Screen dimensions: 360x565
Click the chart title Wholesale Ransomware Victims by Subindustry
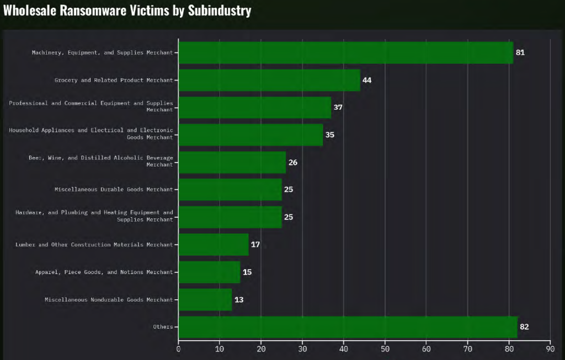click(127, 10)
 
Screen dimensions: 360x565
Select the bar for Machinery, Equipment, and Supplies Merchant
click(345, 53)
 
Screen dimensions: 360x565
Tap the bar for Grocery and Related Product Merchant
click(269, 80)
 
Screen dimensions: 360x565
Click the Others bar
click(348, 327)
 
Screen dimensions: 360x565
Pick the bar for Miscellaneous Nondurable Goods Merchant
click(205, 300)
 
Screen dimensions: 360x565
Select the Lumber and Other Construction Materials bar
click(214, 245)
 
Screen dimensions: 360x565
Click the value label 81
click(520, 53)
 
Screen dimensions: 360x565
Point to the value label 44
click(367, 80)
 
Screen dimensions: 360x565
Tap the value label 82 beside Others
click(524, 327)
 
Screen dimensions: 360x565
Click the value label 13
click(239, 300)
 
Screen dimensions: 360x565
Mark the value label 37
click(338, 108)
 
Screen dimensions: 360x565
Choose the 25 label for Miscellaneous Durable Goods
click(289, 190)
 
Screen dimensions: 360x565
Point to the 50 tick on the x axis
click(385, 348)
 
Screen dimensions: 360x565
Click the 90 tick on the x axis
click(550, 348)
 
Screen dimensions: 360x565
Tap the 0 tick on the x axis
click(178, 348)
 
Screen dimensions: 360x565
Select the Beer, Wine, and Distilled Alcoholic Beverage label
click(100, 162)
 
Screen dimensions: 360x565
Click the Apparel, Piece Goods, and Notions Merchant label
click(104, 272)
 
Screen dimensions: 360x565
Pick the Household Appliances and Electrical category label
click(91, 134)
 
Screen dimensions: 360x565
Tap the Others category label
click(163, 327)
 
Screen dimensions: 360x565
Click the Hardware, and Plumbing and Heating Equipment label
click(94, 216)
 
